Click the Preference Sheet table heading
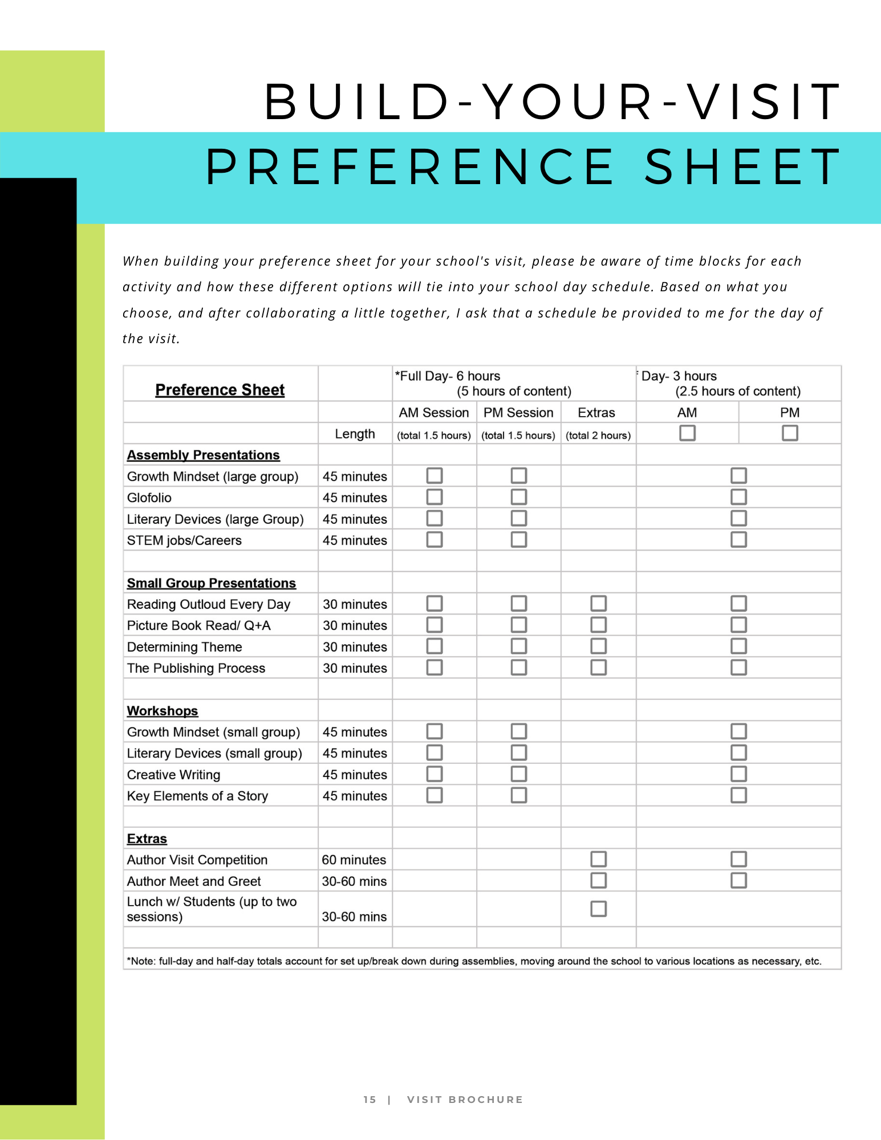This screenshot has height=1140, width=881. [220, 390]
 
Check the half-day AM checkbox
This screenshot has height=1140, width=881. [687, 433]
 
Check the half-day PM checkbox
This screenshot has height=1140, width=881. [790, 433]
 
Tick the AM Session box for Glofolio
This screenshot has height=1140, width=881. [435, 497]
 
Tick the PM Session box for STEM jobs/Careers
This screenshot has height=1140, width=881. [518, 539]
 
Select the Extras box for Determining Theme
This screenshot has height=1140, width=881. [598, 646]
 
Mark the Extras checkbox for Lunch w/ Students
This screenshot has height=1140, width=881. [598, 909]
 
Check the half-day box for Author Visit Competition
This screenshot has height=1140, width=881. [738, 859]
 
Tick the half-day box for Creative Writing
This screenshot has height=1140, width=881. [738, 774]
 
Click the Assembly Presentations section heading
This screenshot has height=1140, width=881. [203, 455]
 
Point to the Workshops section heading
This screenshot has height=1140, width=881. [163, 711]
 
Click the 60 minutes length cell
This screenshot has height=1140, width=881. [354, 860]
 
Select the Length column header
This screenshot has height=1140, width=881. [355, 434]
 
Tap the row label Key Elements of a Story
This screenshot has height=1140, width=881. [197, 796]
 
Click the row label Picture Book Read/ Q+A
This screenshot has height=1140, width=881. [198, 625]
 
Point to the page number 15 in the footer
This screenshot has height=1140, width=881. [370, 1100]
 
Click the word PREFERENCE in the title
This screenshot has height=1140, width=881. [409, 167]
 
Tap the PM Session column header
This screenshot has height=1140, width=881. [518, 413]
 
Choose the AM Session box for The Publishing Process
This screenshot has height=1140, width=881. [435, 667]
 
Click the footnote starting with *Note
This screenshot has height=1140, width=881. [474, 961]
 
